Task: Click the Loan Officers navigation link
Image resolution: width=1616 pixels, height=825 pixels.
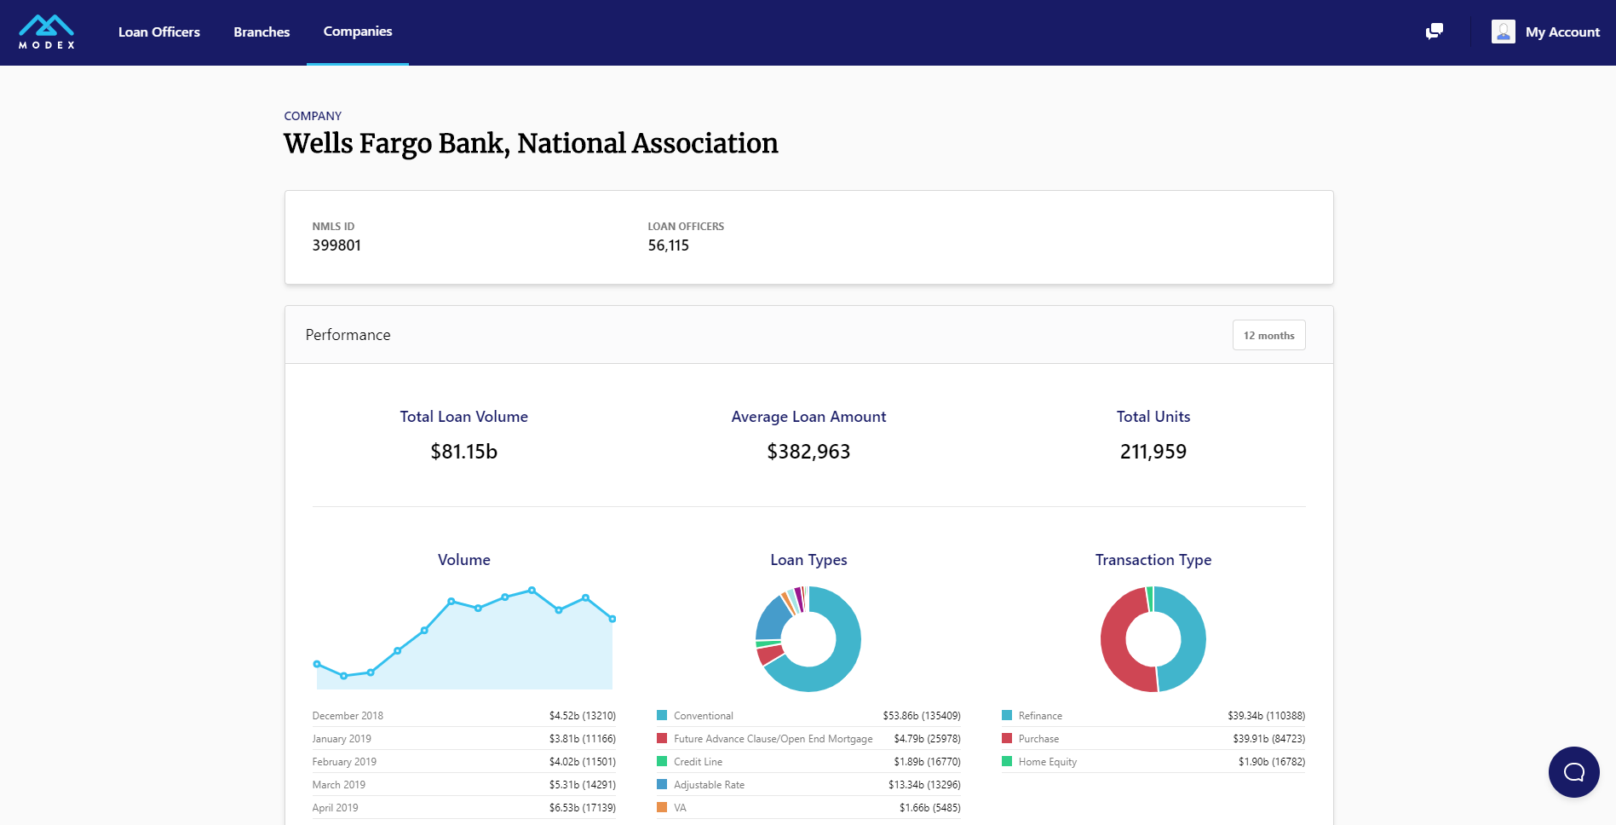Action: tap(158, 32)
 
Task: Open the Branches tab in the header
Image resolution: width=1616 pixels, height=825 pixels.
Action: tap(262, 32)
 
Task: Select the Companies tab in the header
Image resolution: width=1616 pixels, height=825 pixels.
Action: tap(358, 32)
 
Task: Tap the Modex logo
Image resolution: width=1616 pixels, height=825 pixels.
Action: tap(47, 32)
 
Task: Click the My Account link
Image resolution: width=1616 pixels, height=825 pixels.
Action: tap(1561, 32)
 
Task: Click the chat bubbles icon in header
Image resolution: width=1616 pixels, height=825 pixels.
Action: tap(1435, 32)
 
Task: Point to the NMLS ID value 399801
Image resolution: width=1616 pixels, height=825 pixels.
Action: tap(336, 245)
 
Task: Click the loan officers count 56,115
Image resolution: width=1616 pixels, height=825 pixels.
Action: tap(668, 245)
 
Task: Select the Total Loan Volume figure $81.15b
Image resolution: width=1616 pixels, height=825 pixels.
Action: tap(463, 452)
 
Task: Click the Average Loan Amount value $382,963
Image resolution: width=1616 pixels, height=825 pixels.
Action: tap(808, 452)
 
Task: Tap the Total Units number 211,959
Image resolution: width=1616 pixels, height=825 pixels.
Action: tap(1153, 452)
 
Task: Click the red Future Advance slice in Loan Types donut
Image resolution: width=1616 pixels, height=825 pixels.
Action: tap(770, 655)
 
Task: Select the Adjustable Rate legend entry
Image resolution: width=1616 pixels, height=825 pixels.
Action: tap(709, 785)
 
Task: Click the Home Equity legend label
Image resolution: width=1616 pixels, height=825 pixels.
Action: tap(1047, 762)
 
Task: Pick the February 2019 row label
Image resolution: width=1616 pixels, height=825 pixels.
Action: tap(344, 762)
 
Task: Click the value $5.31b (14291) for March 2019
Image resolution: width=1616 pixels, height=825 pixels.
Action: tap(582, 785)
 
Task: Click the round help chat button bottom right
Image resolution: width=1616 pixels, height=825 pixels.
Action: tap(1573, 772)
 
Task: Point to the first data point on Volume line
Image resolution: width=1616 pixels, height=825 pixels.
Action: tap(317, 664)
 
